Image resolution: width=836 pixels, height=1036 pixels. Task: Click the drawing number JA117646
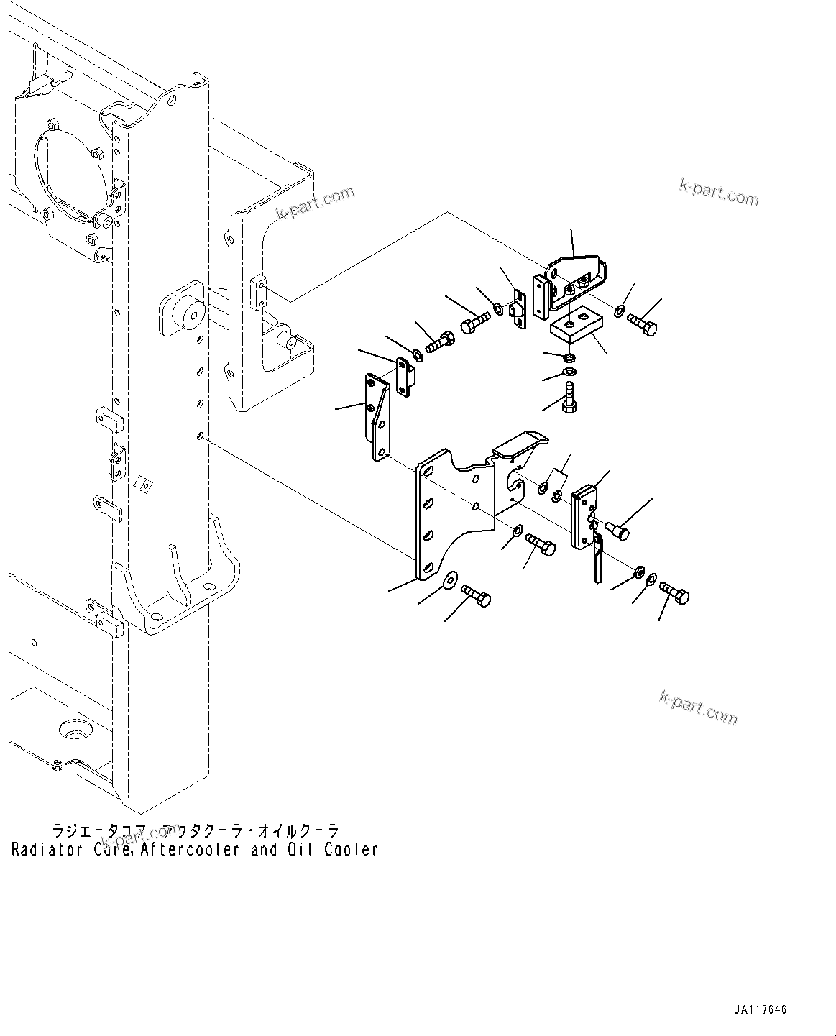click(x=761, y=1009)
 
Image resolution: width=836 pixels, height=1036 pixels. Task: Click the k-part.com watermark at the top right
click(x=718, y=193)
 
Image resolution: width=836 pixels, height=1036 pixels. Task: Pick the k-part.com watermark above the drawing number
click(x=698, y=707)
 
